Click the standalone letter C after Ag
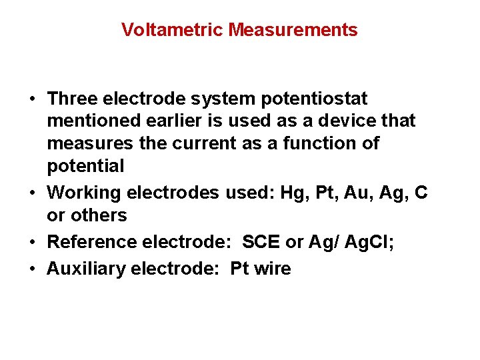(x=421, y=193)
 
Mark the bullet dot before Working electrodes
(x=33, y=193)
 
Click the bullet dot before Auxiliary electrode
(x=33, y=269)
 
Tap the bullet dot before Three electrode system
(x=33, y=99)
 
